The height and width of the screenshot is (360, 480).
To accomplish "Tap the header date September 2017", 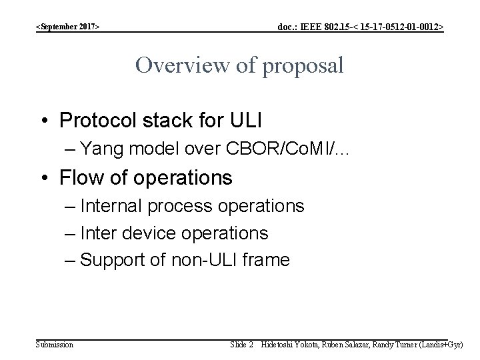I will click(69, 27).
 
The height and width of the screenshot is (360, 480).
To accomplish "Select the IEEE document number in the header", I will click(361, 27).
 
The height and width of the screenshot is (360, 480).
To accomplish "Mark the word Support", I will click(110, 260).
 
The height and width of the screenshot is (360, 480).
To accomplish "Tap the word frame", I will click(267, 259).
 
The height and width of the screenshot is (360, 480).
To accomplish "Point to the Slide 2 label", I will click(241, 345).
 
